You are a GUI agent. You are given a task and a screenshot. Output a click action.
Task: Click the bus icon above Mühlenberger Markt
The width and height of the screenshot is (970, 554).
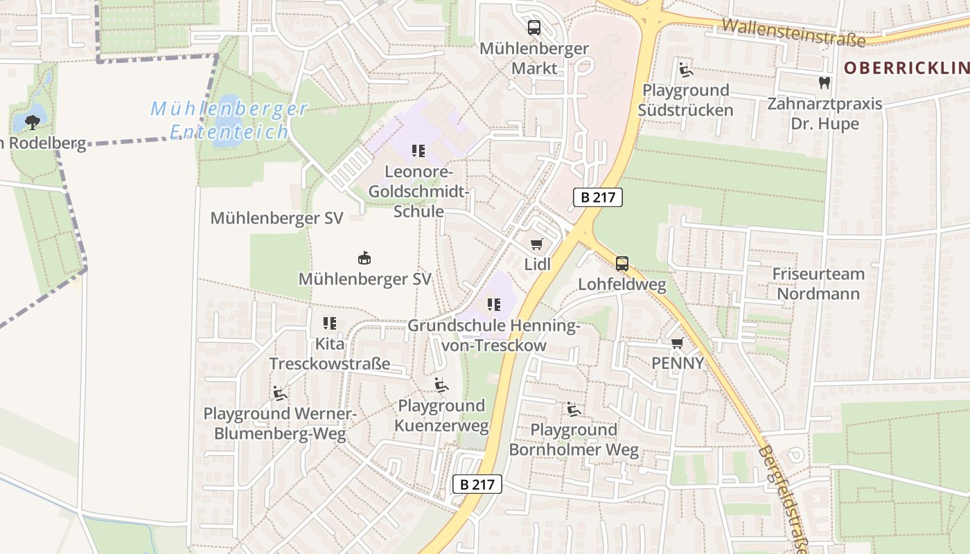tap(534, 28)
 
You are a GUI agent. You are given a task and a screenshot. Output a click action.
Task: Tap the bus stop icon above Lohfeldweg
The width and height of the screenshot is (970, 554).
tap(622, 264)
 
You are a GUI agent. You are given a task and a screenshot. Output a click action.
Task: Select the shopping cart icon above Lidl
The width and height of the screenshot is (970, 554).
tap(536, 244)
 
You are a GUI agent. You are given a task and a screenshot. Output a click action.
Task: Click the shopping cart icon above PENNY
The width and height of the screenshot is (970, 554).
tap(677, 343)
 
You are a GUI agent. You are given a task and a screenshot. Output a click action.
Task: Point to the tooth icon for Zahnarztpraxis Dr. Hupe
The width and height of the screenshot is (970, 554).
tap(824, 83)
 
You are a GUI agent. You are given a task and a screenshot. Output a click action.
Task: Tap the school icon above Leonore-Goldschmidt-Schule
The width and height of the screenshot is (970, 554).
tap(418, 150)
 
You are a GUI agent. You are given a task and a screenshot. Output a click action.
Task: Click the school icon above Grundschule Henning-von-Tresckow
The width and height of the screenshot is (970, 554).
tap(493, 304)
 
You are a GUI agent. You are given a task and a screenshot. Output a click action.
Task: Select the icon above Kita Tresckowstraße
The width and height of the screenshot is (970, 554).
tap(330, 323)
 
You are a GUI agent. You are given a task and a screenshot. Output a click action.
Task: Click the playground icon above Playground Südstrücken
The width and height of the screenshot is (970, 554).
tap(685, 69)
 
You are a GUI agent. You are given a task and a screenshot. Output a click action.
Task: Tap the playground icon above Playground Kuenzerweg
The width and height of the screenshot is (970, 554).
tap(441, 385)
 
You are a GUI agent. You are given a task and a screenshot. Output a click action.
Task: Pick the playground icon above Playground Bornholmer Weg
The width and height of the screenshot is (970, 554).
tap(574, 409)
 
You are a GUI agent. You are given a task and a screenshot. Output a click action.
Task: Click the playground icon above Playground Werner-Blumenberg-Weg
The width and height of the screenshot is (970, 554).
tap(280, 393)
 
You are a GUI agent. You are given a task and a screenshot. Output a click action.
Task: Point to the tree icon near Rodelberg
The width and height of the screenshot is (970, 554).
tap(32, 123)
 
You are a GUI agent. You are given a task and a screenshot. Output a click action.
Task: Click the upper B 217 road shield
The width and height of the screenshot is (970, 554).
tap(598, 197)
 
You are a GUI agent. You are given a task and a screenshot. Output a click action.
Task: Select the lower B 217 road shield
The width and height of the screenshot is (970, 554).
tap(477, 484)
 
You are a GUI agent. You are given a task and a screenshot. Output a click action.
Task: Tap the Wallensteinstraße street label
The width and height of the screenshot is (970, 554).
tap(793, 33)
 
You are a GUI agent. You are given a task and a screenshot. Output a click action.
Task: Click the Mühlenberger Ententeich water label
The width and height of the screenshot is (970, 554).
tap(229, 120)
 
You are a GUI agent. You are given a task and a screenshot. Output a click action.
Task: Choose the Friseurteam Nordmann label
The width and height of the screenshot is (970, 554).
tap(818, 283)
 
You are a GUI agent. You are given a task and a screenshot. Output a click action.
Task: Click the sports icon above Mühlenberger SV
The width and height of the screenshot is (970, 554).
tap(364, 258)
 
